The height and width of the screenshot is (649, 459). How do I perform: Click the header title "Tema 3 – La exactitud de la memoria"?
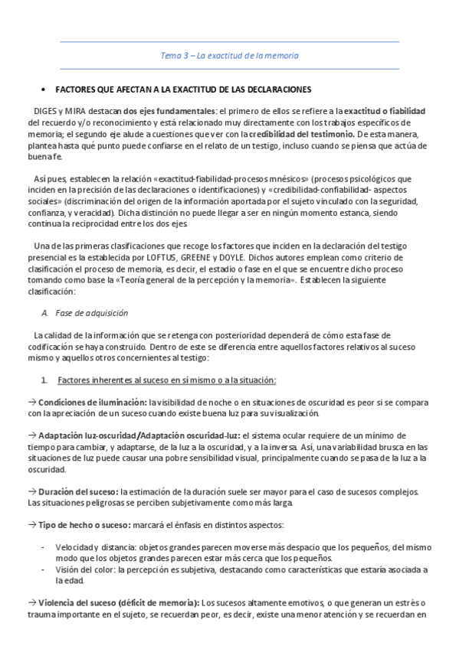[x=229, y=55]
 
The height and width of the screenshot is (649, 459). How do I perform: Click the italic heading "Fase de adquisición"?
[x=92, y=313]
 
